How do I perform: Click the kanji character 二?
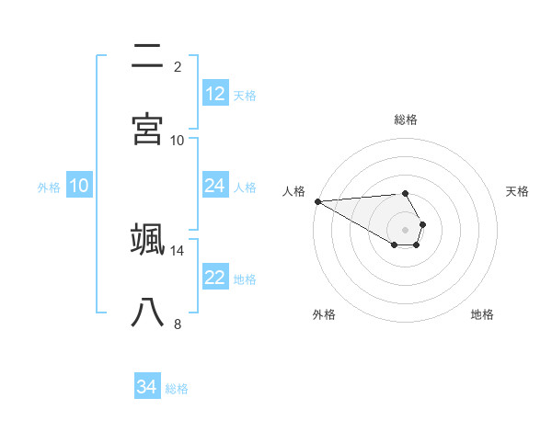(148, 57)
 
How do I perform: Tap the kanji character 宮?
(148, 129)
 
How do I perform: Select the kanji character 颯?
(148, 240)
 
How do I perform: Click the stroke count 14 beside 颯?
(178, 250)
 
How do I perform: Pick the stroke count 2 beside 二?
(178, 66)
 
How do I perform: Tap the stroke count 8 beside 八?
(178, 324)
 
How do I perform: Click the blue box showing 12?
(215, 94)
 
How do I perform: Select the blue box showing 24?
(215, 186)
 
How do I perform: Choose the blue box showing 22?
(215, 278)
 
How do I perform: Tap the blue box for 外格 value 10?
(79, 186)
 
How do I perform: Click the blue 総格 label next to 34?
(177, 389)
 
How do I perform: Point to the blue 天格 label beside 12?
(245, 95)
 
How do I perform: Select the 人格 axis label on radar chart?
(293, 191)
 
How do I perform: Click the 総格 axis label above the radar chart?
(405, 119)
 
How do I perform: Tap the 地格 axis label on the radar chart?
(482, 314)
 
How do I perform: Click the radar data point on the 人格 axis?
(317, 201)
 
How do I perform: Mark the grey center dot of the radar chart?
(405, 229)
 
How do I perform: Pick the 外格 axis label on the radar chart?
(324, 314)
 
